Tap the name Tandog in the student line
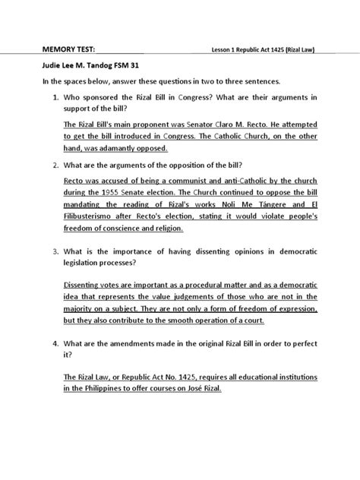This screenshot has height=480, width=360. (99, 66)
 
